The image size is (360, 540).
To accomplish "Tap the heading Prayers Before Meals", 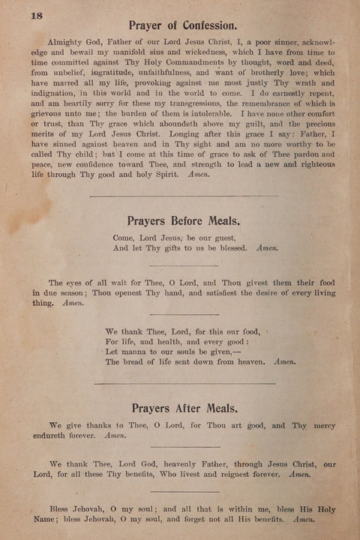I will [184, 221].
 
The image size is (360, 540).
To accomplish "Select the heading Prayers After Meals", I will [184, 408].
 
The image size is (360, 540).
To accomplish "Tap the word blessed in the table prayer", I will [228, 247].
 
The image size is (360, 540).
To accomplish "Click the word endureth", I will [55, 435].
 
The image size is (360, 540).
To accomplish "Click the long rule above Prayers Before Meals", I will [184, 196].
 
